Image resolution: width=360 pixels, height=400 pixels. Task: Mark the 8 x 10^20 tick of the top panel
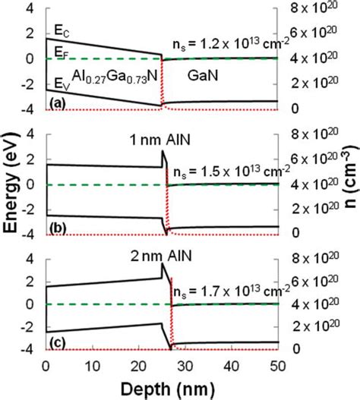point(313,9)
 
